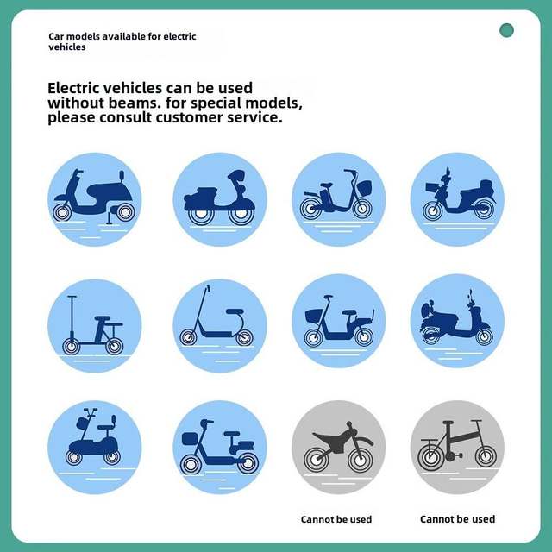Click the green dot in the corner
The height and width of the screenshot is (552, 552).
pyautogui.click(x=506, y=30)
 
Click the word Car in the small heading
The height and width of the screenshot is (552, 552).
pyautogui.click(x=56, y=36)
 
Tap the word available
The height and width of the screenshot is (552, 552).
pyautogui.click(x=123, y=36)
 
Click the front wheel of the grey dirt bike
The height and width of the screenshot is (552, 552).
pyautogui.click(x=360, y=460)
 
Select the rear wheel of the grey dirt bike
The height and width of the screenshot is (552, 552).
pyautogui.click(x=317, y=459)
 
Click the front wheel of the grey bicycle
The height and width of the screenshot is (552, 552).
pyautogui.click(x=486, y=456)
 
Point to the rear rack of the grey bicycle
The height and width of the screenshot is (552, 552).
pyautogui.click(x=430, y=440)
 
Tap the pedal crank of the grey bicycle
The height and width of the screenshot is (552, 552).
pyautogui.click(x=452, y=456)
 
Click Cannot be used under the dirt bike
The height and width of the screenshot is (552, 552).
pyautogui.click(x=336, y=519)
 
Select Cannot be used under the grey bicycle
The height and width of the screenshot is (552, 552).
pyautogui.click(x=458, y=519)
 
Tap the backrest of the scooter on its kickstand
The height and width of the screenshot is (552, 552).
pyautogui.click(x=122, y=175)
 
